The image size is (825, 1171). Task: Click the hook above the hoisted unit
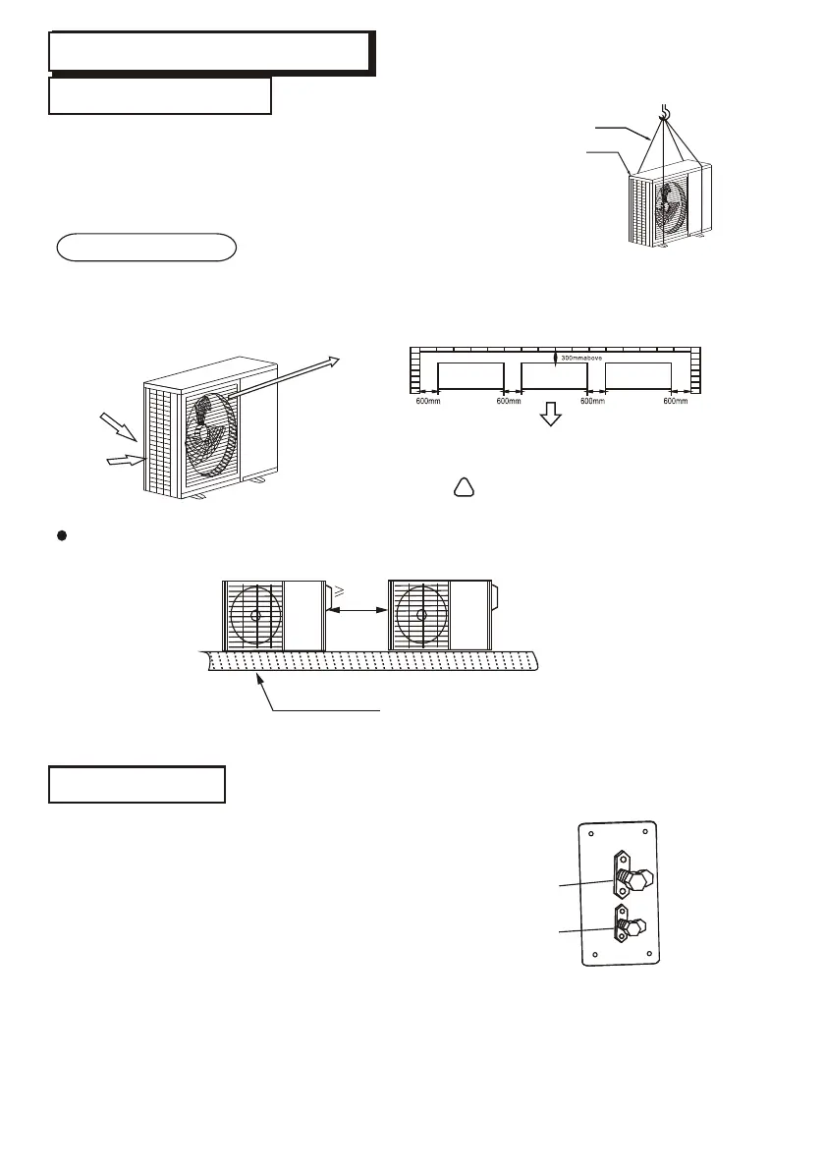tap(665, 113)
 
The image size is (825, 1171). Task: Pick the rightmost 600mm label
tap(677, 400)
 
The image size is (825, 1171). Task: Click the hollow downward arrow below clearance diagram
tap(551, 416)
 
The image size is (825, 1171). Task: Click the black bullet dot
tap(60, 537)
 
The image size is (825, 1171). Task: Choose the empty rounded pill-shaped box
tap(146, 248)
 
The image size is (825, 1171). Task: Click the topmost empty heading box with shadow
tap(209, 51)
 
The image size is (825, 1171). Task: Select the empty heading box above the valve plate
tap(137, 784)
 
